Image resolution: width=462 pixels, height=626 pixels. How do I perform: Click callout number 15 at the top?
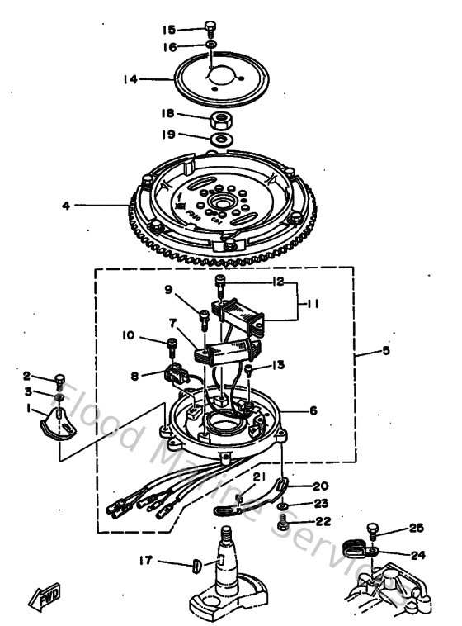point(169,29)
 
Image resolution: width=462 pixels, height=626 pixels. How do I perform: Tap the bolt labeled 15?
point(211,27)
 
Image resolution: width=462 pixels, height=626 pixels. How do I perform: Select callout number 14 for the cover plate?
point(129,80)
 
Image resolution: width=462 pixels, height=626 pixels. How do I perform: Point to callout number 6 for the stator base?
point(313,409)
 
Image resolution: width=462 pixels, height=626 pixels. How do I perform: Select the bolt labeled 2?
point(59,381)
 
